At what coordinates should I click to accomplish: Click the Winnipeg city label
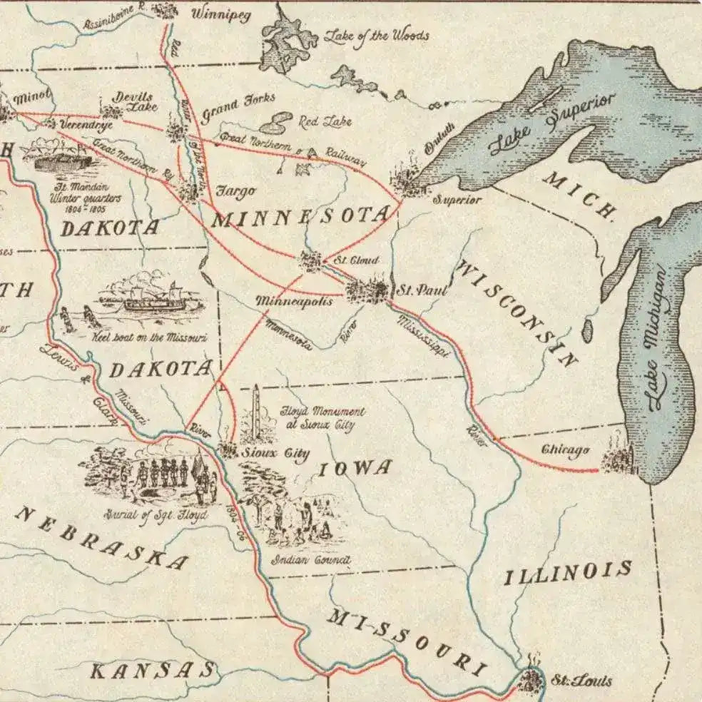click(222, 14)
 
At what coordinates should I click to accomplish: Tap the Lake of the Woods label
click(377, 34)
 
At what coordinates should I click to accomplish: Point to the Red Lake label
click(325, 121)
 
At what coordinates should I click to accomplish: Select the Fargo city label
click(235, 191)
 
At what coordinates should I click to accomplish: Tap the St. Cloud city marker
click(311, 261)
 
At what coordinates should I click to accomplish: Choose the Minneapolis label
click(294, 302)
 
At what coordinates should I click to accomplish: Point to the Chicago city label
click(565, 449)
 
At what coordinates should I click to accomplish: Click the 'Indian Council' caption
click(310, 561)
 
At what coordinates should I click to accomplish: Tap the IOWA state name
click(355, 469)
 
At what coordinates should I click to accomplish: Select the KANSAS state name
click(153, 670)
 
